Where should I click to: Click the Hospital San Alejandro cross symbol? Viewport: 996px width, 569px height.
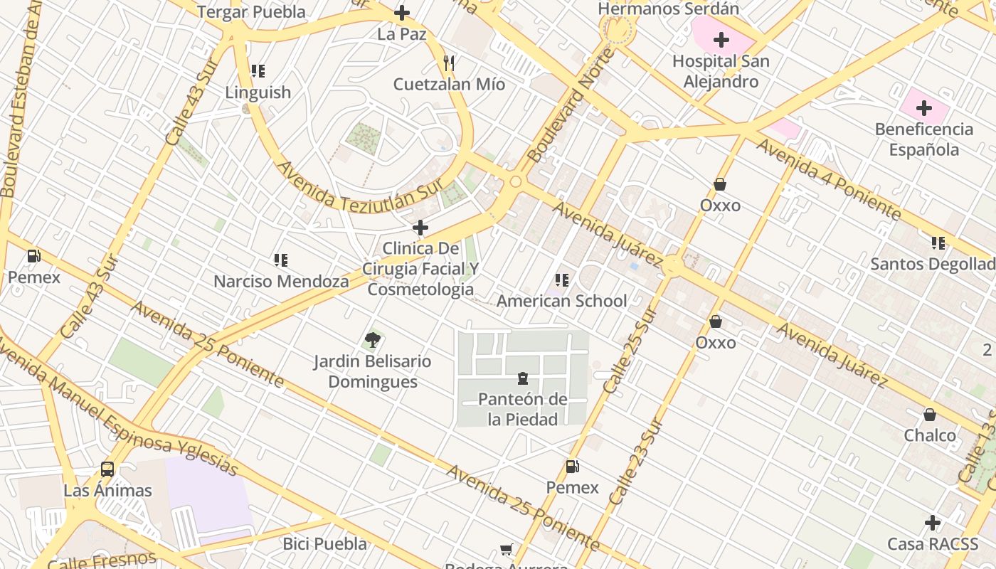coord(721,40)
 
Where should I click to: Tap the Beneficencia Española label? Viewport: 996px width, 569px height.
coord(923,139)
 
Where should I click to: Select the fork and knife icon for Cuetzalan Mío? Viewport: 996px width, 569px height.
coord(449,63)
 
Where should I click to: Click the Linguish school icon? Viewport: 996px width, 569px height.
coord(258,71)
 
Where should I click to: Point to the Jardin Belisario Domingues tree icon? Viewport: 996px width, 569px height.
coord(372,340)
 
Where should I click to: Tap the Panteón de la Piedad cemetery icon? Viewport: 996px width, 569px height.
coord(523,378)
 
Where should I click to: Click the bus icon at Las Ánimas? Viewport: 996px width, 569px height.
coord(107,469)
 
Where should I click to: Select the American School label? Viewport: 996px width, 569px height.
coord(561,301)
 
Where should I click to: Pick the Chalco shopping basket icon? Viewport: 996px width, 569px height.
coord(930,414)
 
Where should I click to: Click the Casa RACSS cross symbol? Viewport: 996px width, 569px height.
coord(933,523)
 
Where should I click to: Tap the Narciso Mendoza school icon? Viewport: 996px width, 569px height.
coord(281,260)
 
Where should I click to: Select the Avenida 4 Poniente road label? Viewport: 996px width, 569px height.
coord(828,178)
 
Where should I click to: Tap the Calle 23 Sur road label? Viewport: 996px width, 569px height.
coord(637,462)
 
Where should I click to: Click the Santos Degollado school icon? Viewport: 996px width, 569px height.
coord(938,243)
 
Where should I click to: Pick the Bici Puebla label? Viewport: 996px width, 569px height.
coord(325,544)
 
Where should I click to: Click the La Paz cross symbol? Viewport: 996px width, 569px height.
coord(402,13)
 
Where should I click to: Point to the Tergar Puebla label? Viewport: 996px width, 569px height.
coord(251,12)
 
